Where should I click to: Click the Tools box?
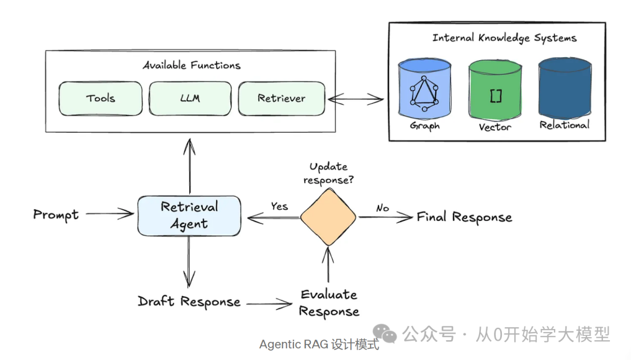tap(100, 98)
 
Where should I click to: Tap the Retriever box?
tap(281, 98)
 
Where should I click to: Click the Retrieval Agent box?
tap(189, 216)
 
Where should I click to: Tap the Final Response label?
tap(464, 217)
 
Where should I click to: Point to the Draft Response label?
tap(189, 302)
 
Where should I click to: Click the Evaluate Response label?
tap(328, 303)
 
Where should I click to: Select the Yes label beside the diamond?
tap(279, 206)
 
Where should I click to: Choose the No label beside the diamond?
tap(383, 207)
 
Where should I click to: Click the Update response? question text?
tap(328, 174)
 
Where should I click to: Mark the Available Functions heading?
tap(191, 65)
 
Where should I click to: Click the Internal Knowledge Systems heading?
tap(504, 38)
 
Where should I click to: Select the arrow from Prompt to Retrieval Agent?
tap(110, 214)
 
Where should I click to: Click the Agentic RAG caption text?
tap(319, 344)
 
